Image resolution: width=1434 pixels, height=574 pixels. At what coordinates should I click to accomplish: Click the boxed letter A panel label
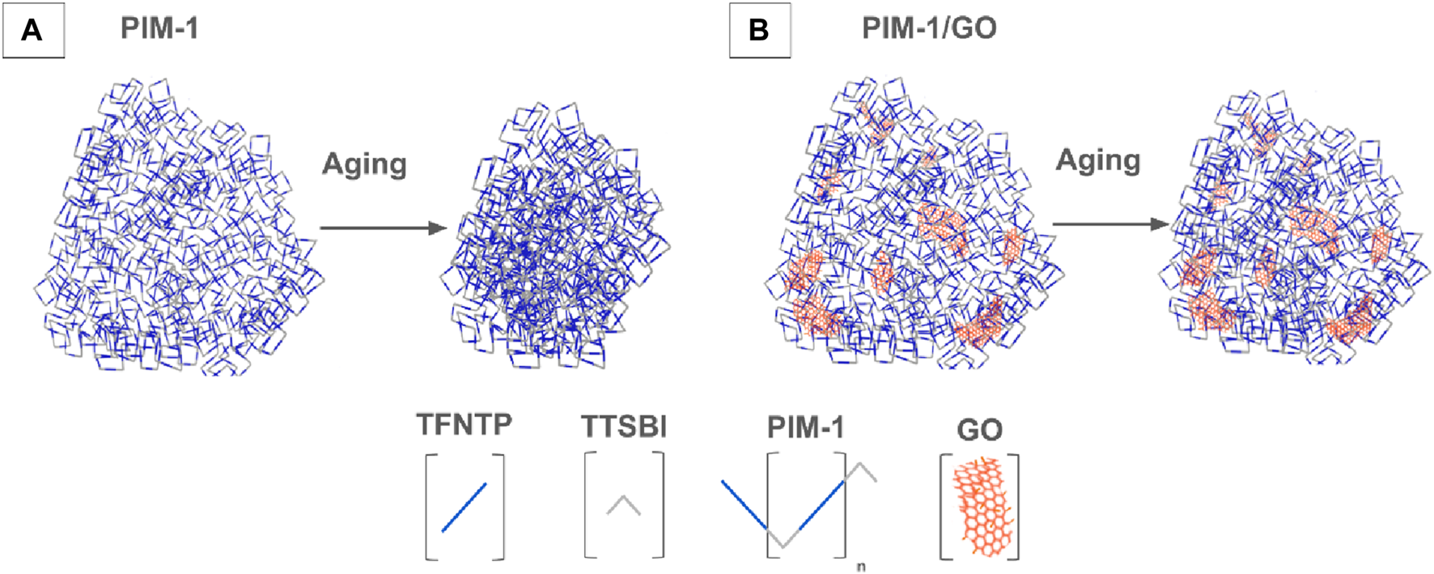(x=33, y=31)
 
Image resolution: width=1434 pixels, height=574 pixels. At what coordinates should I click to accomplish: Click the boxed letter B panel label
(x=759, y=31)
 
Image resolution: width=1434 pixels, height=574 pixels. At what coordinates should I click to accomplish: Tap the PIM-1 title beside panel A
(x=159, y=29)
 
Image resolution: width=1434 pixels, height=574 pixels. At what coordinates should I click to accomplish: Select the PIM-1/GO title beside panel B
(x=929, y=29)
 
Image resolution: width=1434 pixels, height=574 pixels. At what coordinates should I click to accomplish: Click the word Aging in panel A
(x=364, y=164)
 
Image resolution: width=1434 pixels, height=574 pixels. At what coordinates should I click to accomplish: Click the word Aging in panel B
(x=1098, y=160)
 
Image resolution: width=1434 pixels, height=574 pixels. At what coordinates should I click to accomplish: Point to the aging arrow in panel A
(x=383, y=228)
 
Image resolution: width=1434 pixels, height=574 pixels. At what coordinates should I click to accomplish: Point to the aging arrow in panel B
(x=1110, y=224)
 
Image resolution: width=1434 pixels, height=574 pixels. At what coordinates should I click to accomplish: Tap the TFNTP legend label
(x=465, y=424)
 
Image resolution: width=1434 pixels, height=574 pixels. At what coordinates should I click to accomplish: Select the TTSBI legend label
(x=624, y=427)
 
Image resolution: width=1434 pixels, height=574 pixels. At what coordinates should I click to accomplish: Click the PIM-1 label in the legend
(x=805, y=427)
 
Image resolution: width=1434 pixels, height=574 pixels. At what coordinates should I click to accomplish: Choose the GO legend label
(x=979, y=430)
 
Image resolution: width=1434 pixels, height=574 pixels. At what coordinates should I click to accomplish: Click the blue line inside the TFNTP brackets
(x=465, y=508)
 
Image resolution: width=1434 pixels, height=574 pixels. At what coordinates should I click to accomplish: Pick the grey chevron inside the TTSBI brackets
(x=624, y=505)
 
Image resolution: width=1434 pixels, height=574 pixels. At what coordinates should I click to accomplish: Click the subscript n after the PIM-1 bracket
(x=860, y=567)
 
